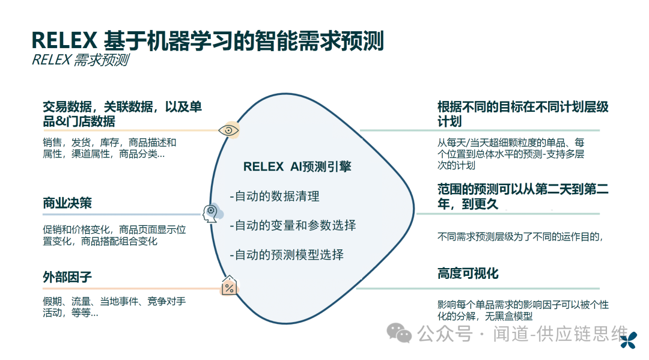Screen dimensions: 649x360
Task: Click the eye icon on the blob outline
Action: (x=228, y=130)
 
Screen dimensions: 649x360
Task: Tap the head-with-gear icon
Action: (x=211, y=213)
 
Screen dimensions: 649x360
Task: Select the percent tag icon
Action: (x=229, y=285)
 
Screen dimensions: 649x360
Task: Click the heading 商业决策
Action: (x=67, y=203)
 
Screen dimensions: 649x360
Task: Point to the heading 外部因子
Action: (x=67, y=277)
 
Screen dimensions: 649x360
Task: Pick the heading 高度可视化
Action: (x=468, y=273)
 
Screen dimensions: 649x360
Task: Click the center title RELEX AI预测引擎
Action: (x=297, y=166)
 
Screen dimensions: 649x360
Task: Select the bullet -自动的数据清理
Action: (x=275, y=196)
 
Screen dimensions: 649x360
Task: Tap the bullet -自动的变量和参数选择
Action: (x=293, y=225)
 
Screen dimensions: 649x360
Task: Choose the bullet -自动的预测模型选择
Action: (x=287, y=255)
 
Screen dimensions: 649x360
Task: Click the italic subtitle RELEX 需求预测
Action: (x=81, y=60)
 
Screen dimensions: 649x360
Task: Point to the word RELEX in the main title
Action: (x=64, y=41)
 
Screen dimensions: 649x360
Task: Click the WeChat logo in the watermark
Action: (x=399, y=333)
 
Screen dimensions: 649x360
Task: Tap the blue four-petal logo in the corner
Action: (x=629, y=340)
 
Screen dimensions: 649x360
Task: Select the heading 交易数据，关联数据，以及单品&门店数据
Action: (x=122, y=114)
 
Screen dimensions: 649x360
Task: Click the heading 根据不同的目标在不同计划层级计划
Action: (x=523, y=114)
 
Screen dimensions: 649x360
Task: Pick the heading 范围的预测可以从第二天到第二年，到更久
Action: (x=523, y=197)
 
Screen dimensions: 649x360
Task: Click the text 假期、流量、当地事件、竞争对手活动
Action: (x=114, y=307)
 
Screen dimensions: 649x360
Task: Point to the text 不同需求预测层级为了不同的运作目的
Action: (x=520, y=237)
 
